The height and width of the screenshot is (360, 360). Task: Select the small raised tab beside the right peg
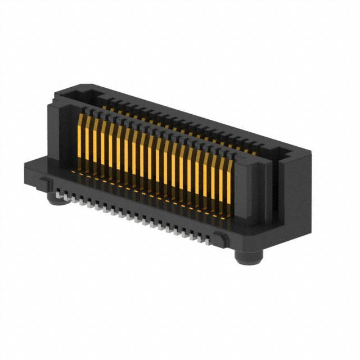(224, 240)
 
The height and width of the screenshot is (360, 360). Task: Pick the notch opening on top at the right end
(278, 151)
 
